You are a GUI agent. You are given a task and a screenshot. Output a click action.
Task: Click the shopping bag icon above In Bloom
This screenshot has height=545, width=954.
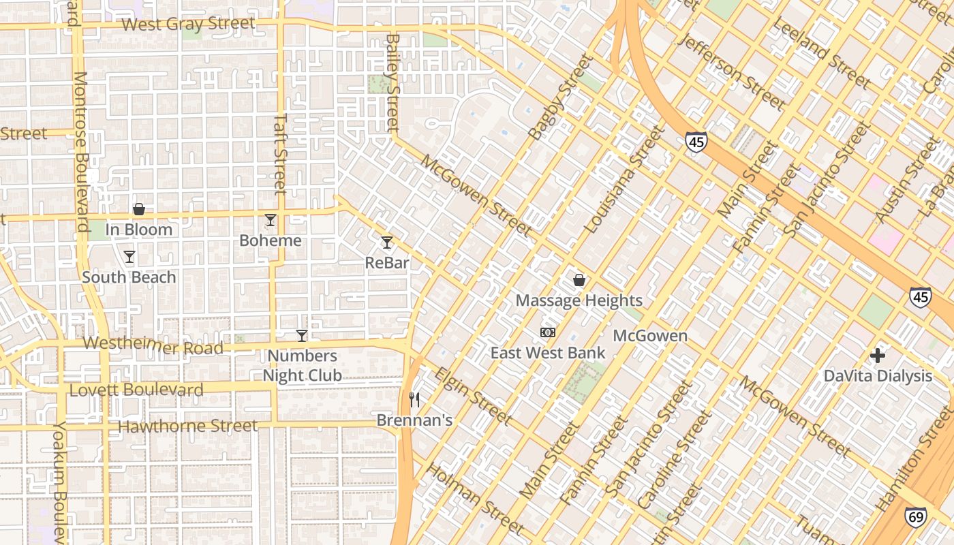pos(138,209)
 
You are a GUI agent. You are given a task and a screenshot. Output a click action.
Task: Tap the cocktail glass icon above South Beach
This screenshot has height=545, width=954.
pos(129,257)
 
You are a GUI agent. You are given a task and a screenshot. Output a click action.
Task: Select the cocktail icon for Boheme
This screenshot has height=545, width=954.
pos(271,220)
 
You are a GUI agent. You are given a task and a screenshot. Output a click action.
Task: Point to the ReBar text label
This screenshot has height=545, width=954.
pos(386,262)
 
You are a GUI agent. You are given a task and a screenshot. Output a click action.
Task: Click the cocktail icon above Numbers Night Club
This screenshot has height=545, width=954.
pos(301,335)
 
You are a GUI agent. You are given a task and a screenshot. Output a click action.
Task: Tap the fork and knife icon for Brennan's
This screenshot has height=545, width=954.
pos(414,399)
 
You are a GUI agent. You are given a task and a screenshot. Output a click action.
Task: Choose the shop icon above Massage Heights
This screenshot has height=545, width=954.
pos(579,280)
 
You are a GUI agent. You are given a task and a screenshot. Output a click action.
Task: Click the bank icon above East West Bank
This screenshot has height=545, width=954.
pos(547,332)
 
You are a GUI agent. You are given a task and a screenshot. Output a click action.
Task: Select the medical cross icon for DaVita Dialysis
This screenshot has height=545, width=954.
pos(877,355)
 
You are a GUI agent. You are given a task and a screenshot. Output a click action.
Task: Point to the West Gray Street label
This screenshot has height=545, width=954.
pos(189,25)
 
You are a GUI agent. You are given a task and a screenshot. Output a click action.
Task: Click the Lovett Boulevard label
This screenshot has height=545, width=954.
pos(136,390)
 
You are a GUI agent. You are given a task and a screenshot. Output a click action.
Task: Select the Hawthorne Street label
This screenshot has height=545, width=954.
pos(188,426)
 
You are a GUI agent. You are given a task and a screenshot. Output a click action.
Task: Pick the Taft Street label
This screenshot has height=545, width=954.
pos(280,153)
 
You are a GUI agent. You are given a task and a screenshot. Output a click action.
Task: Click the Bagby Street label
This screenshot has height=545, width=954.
pos(561,97)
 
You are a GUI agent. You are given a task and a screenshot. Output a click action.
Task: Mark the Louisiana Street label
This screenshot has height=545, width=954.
pos(624,180)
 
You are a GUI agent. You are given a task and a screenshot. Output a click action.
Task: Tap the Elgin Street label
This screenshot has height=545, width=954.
pos(473,396)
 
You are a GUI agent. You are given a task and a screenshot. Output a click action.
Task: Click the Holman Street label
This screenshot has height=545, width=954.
pos(475,499)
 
